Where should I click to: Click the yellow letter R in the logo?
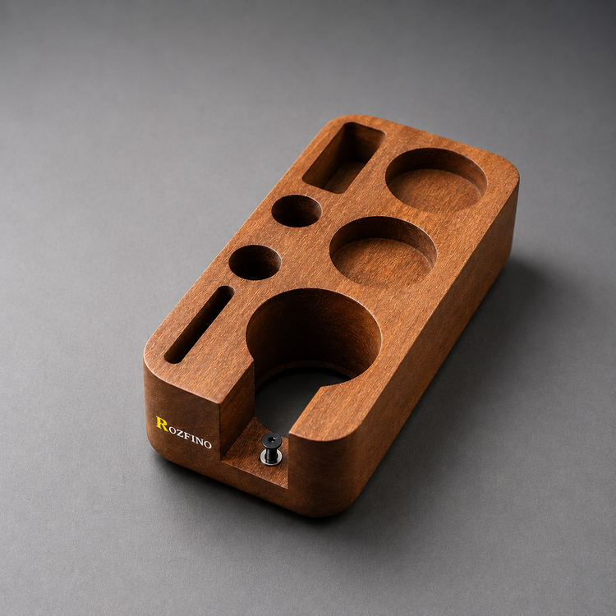pyautogui.click(x=162, y=424)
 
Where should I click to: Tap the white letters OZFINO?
pyautogui.click(x=191, y=437)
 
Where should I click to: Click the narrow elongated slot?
pyautogui.click(x=200, y=324)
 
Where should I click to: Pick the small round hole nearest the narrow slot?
pyautogui.click(x=255, y=263)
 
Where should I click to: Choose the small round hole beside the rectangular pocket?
pyautogui.click(x=297, y=211)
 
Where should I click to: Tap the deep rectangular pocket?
pyautogui.click(x=344, y=158)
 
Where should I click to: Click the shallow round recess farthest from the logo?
pyautogui.click(x=436, y=181)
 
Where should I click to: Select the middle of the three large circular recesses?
pyautogui.click(x=383, y=252)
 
